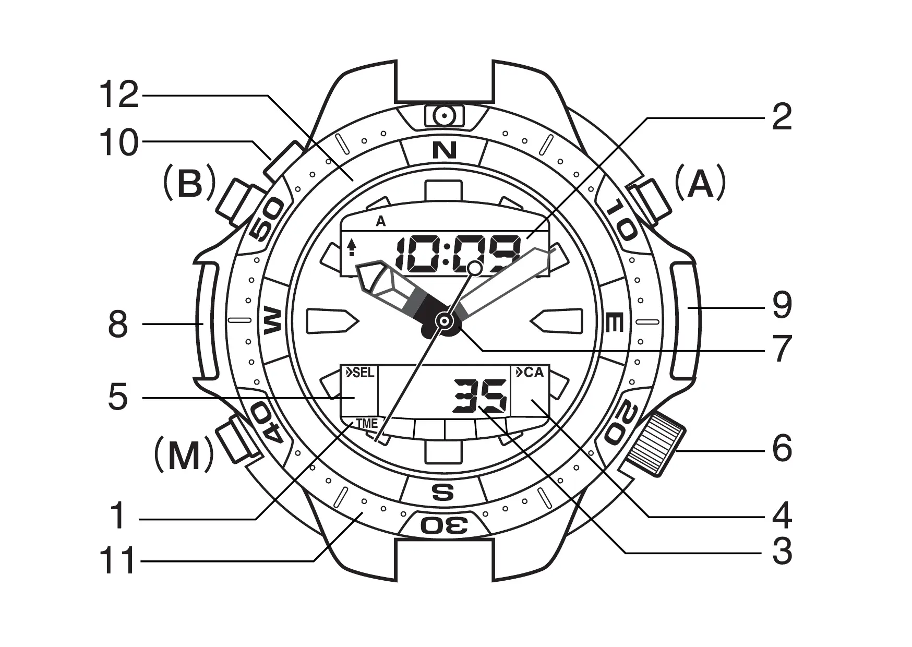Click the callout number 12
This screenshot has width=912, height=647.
(119, 95)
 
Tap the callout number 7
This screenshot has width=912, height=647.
(782, 349)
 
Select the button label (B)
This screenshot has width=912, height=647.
(189, 183)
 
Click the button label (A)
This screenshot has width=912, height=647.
(700, 183)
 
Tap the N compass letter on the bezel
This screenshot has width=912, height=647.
(444, 150)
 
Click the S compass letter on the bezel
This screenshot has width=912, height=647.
(443, 492)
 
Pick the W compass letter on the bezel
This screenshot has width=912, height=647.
(273, 320)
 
